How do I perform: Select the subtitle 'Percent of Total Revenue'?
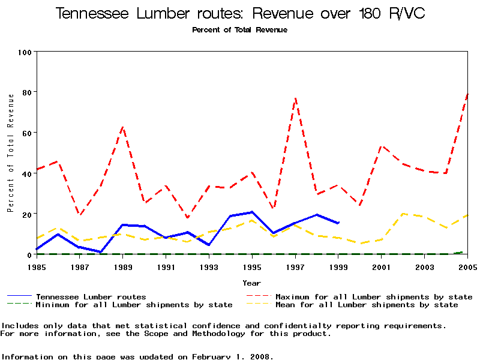pyautogui.click(x=239, y=29)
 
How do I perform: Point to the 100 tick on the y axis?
pyautogui.click(x=24, y=52)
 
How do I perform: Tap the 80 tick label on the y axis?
pyautogui.click(x=26, y=92)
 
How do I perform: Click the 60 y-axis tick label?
pyautogui.click(x=26, y=133)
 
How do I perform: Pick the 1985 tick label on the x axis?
pyautogui.click(x=37, y=266)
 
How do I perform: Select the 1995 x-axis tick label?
pyautogui.click(x=252, y=266)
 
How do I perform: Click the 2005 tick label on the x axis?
pyautogui.click(x=467, y=266)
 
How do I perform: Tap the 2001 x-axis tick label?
pyautogui.click(x=381, y=266)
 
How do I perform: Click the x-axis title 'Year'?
pyautogui.click(x=251, y=283)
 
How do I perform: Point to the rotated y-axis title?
pyautogui.click(x=10, y=152)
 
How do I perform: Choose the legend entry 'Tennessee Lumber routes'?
pyautogui.click(x=91, y=296)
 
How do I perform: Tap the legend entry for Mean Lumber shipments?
pyautogui.click(x=367, y=305)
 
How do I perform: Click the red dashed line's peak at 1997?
pyautogui.click(x=295, y=98)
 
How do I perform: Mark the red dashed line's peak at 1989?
pyautogui.click(x=123, y=127)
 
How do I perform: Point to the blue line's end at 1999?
pyautogui.click(x=338, y=223)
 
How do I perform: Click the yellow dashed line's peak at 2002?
pyautogui.click(x=403, y=214)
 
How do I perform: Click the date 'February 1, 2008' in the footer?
pyautogui.click(x=233, y=356)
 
